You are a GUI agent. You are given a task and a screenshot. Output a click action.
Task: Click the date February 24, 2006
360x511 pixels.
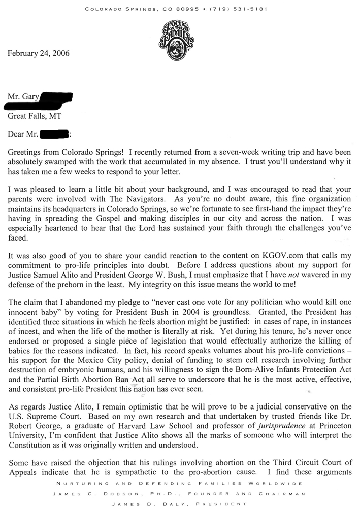pos(38,53)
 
